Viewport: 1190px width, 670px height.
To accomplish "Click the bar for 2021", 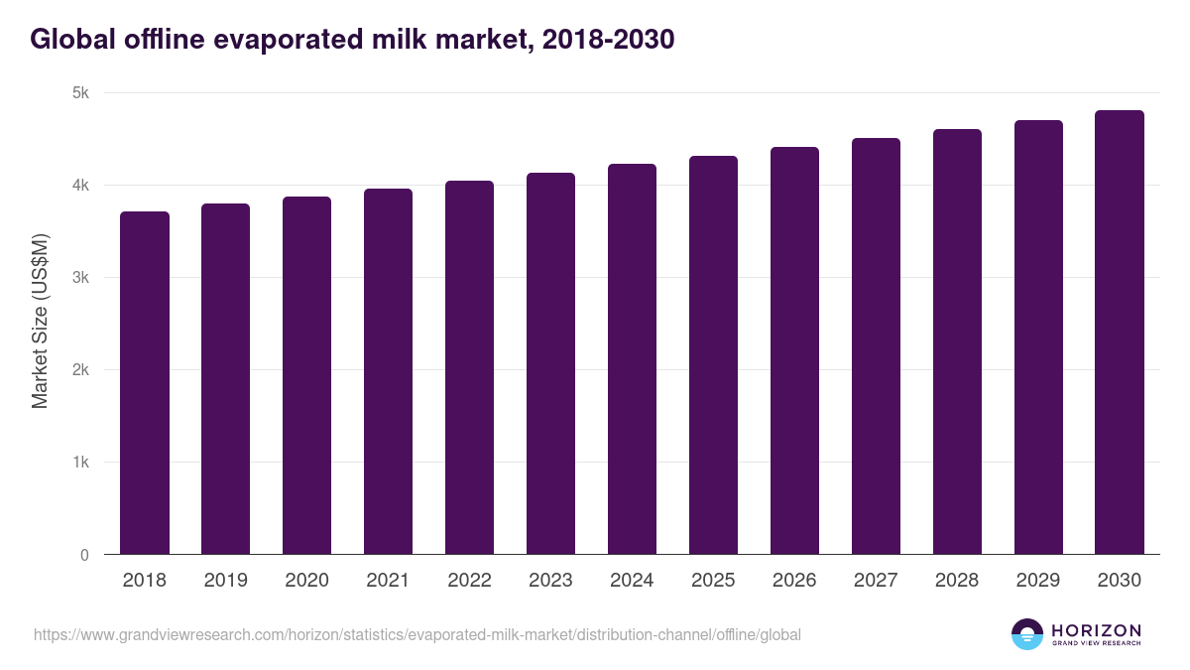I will pyautogui.click(x=389, y=371).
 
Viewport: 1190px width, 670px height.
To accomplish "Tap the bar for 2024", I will pyautogui.click(x=633, y=359).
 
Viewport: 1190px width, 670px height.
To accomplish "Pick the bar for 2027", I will pyautogui.click(x=876, y=346).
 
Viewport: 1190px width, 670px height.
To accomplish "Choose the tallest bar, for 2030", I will pyautogui.click(x=1120, y=333).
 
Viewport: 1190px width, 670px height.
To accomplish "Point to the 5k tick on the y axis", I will pyautogui.click(x=80, y=93).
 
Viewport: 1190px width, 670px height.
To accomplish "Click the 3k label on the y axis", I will pyautogui.click(x=80, y=278).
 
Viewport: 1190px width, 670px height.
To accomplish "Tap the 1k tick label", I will pyautogui.click(x=80, y=463).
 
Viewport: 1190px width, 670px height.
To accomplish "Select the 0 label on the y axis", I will pyautogui.click(x=84, y=555).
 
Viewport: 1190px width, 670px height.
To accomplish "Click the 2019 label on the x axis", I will pyautogui.click(x=226, y=581).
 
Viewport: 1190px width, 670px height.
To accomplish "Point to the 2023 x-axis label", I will pyautogui.click(x=550, y=581).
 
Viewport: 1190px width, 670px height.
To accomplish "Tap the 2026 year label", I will pyautogui.click(x=794, y=581).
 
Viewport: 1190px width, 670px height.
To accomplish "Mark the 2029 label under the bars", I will pyautogui.click(x=1038, y=581).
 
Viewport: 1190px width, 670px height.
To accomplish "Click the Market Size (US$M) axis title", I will pyautogui.click(x=41, y=320).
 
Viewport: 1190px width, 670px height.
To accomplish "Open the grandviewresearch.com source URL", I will pyautogui.click(x=417, y=634).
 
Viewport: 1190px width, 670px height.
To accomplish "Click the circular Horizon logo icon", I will pyautogui.click(x=1027, y=634).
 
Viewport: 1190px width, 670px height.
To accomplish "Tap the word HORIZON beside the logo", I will pyautogui.click(x=1096, y=630).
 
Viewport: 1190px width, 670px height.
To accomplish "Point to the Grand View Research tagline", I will pyautogui.click(x=1096, y=644).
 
